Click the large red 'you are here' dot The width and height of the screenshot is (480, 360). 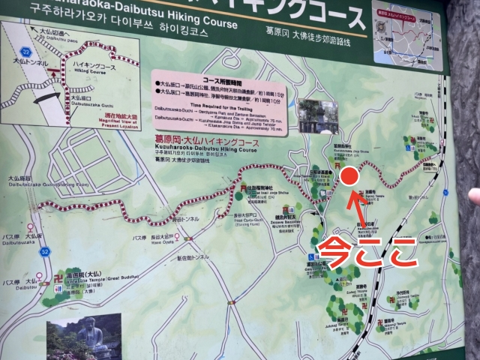[349, 177]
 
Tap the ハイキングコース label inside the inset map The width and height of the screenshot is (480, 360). [94, 66]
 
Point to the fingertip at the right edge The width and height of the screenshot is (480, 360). [473, 196]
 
